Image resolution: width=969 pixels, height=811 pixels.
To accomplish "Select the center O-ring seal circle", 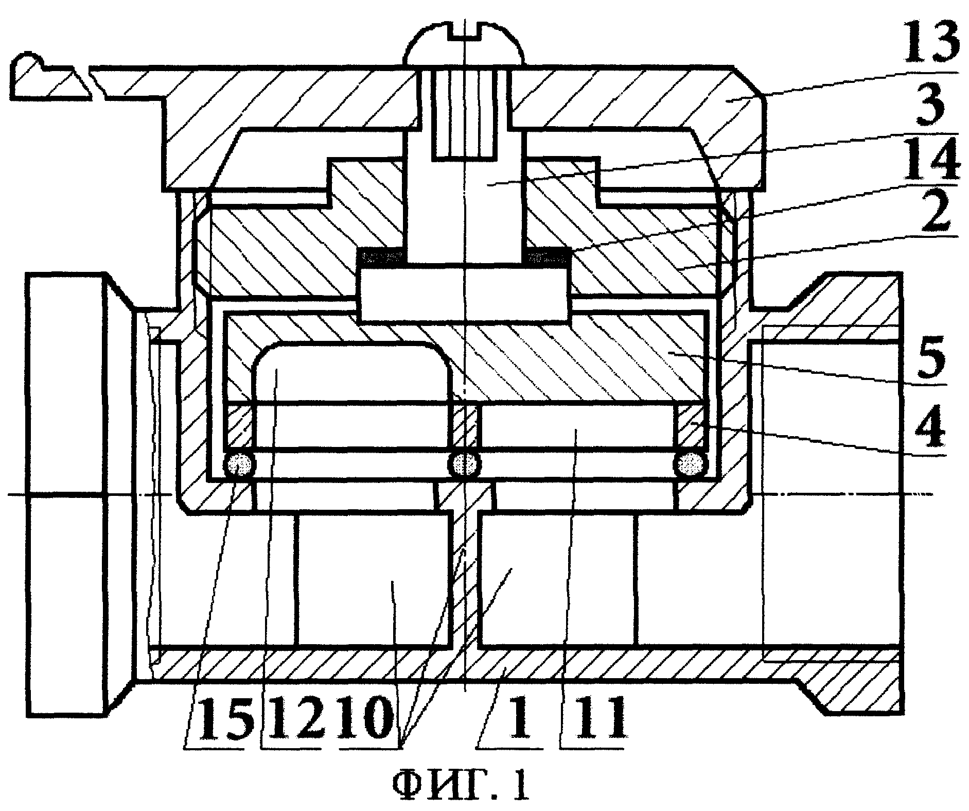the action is [x=465, y=464].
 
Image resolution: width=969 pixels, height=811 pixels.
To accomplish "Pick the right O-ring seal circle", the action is [x=691, y=464].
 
